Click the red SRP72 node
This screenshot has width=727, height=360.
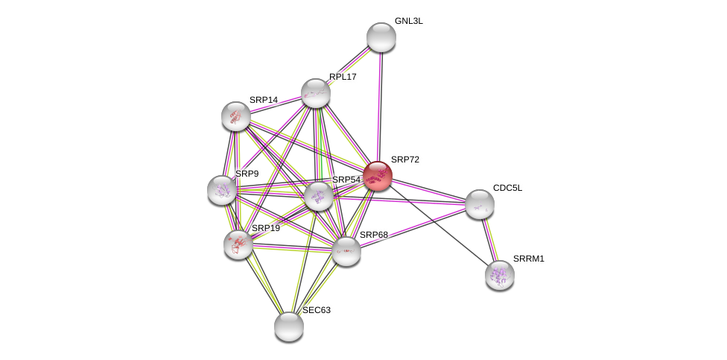click(378, 176)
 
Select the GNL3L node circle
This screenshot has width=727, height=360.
click(381, 37)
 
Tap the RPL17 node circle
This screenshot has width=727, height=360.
click(316, 93)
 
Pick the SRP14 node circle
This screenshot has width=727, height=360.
click(236, 116)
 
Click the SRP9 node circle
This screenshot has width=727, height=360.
click(222, 190)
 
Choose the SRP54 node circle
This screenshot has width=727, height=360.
click(319, 196)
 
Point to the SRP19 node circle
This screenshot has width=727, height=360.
click(238, 244)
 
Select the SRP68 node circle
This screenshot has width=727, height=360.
click(346, 251)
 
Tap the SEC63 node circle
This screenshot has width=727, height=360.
click(289, 326)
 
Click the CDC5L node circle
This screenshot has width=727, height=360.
click(480, 204)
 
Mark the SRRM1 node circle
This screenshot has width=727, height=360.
click(500, 275)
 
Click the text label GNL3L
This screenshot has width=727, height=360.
click(408, 21)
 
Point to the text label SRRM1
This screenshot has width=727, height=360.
click(528, 259)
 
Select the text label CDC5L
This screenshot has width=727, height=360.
click(507, 188)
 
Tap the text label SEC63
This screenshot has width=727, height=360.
click(316, 310)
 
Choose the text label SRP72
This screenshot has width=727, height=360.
click(404, 160)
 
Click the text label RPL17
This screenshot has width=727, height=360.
click(343, 77)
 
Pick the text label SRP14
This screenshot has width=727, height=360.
click(263, 100)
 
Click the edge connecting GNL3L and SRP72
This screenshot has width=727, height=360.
click(379, 104)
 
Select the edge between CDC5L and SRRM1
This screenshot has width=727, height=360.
click(489, 239)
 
